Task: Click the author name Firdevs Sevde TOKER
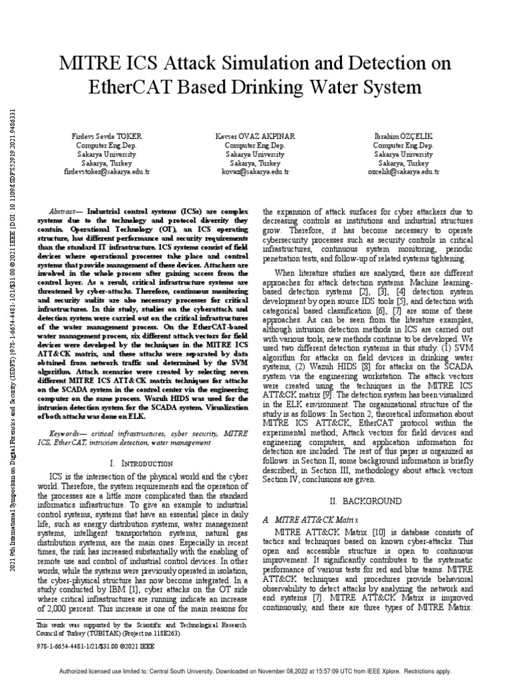tap(106, 136)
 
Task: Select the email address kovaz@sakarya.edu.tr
tap(255, 171)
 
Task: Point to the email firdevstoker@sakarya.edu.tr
tap(106, 171)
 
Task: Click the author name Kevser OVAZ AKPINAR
tap(255, 136)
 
